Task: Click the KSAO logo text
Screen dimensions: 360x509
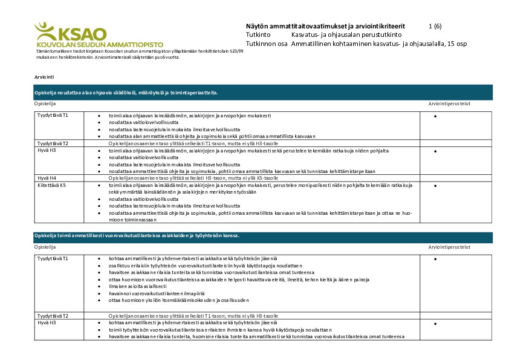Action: [81, 34]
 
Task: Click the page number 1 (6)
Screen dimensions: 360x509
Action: [435, 27]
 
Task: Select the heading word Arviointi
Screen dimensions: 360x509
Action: [44, 78]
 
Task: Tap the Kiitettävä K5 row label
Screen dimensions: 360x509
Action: [51, 186]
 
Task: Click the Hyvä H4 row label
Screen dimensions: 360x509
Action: [47, 178]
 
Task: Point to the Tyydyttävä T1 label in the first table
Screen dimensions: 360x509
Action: [53, 115]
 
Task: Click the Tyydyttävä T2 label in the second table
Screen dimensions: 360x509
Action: [53, 316]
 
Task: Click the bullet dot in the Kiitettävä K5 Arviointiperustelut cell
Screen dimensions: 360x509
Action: [435, 186]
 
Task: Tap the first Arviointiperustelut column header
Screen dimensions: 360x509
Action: [449, 103]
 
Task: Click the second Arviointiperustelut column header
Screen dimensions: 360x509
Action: [449, 247]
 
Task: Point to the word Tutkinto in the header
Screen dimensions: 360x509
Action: [258, 35]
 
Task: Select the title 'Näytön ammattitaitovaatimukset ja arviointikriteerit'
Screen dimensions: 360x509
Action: [325, 27]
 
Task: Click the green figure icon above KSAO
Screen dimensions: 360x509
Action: [45, 28]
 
